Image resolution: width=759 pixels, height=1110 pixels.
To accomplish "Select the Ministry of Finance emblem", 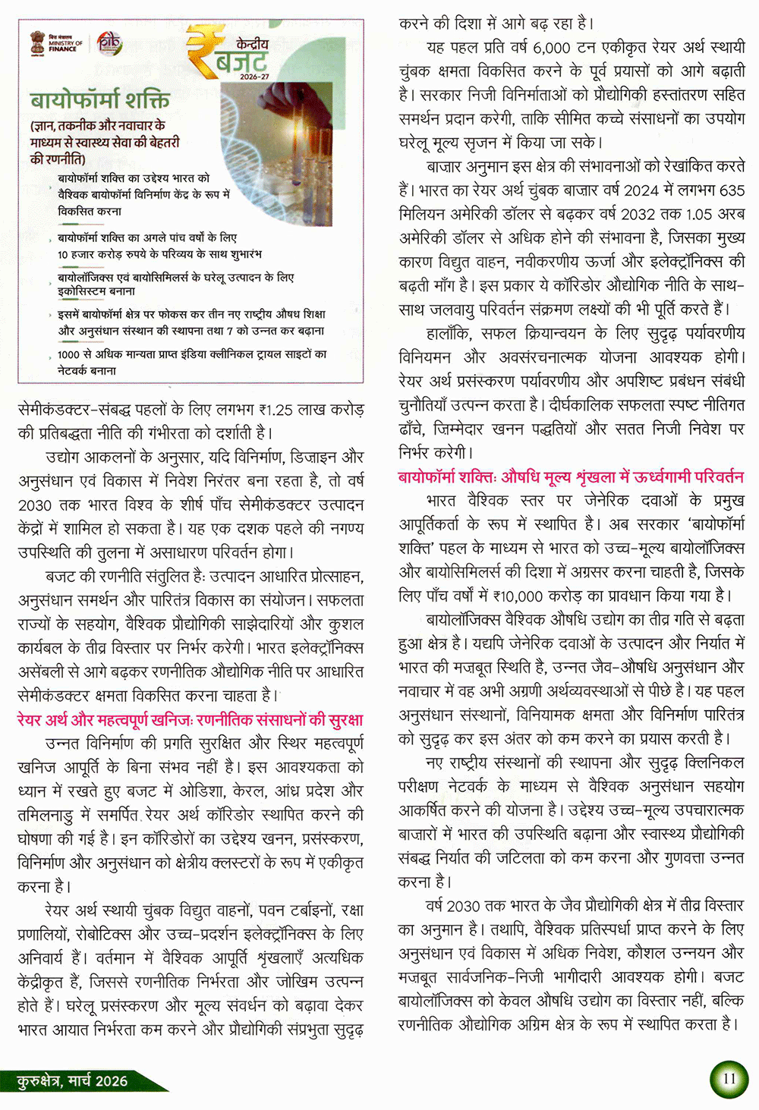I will pyautogui.click(x=37, y=42).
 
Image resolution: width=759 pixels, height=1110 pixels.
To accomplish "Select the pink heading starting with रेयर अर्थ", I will pyautogui.click(x=190, y=719).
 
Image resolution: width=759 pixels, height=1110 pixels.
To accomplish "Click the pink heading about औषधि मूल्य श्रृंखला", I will pyautogui.click(x=571, y=477).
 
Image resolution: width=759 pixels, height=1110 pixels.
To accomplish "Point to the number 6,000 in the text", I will pyautogui.click(x=551, y=48).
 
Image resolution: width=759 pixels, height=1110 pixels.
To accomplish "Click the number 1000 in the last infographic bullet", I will pyautogui.click(x=68, y=354).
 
